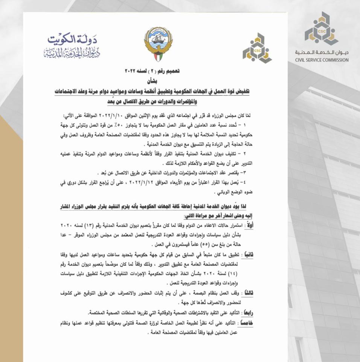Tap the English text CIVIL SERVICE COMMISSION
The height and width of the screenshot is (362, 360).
tap(322, 60)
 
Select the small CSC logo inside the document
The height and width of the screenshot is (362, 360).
tap(257, 48)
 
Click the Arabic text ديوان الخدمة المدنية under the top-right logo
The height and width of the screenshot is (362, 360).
tap(322, 52)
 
